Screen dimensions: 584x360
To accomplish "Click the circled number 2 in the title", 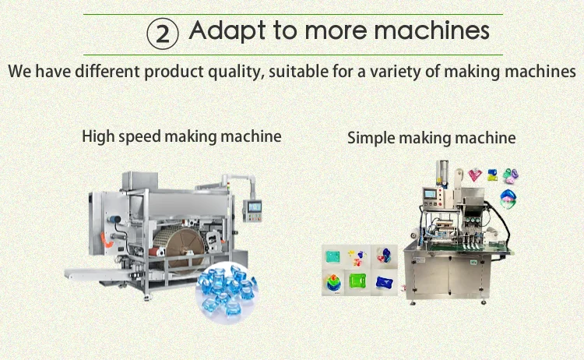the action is [163, 34].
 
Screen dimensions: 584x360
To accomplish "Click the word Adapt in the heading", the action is [227, 31].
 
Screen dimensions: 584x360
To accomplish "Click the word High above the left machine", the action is [98, 136].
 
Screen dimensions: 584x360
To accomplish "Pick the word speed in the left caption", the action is [139, 137].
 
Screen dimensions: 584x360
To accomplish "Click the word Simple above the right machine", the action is [371, 138].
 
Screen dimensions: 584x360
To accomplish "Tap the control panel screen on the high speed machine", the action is [255, 206].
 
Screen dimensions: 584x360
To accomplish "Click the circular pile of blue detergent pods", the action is [226, 290].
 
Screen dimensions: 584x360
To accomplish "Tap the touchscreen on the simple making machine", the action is [429, 194].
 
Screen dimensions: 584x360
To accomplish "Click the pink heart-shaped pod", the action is [475, 175].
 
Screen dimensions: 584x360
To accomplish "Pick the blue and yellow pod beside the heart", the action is [492, 175].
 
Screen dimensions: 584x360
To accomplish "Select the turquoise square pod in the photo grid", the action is [332, 257].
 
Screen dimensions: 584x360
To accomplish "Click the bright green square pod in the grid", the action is [357, 281].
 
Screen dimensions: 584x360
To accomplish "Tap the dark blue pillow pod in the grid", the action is [384, 282].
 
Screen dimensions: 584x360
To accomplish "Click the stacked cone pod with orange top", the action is [333, 283].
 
